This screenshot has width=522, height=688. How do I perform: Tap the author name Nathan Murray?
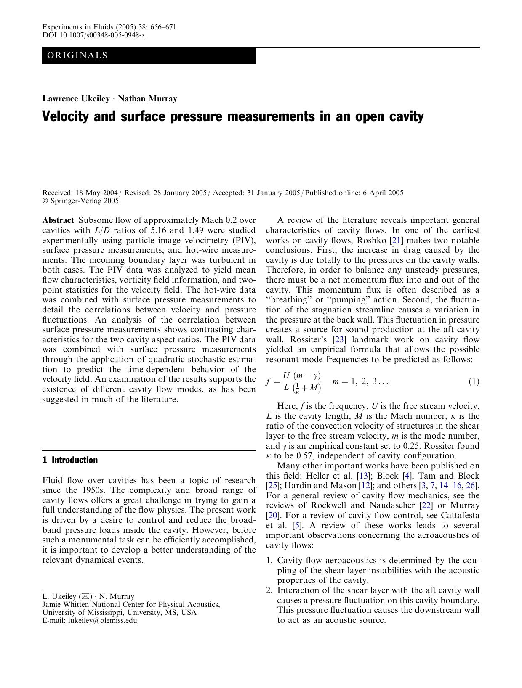147,99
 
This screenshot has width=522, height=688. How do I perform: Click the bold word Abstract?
58,220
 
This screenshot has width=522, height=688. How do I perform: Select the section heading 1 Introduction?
70,460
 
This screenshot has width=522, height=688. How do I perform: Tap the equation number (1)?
474,381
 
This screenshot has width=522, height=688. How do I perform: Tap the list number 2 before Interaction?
269,590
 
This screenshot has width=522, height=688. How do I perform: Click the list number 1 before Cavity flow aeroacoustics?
269,560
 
